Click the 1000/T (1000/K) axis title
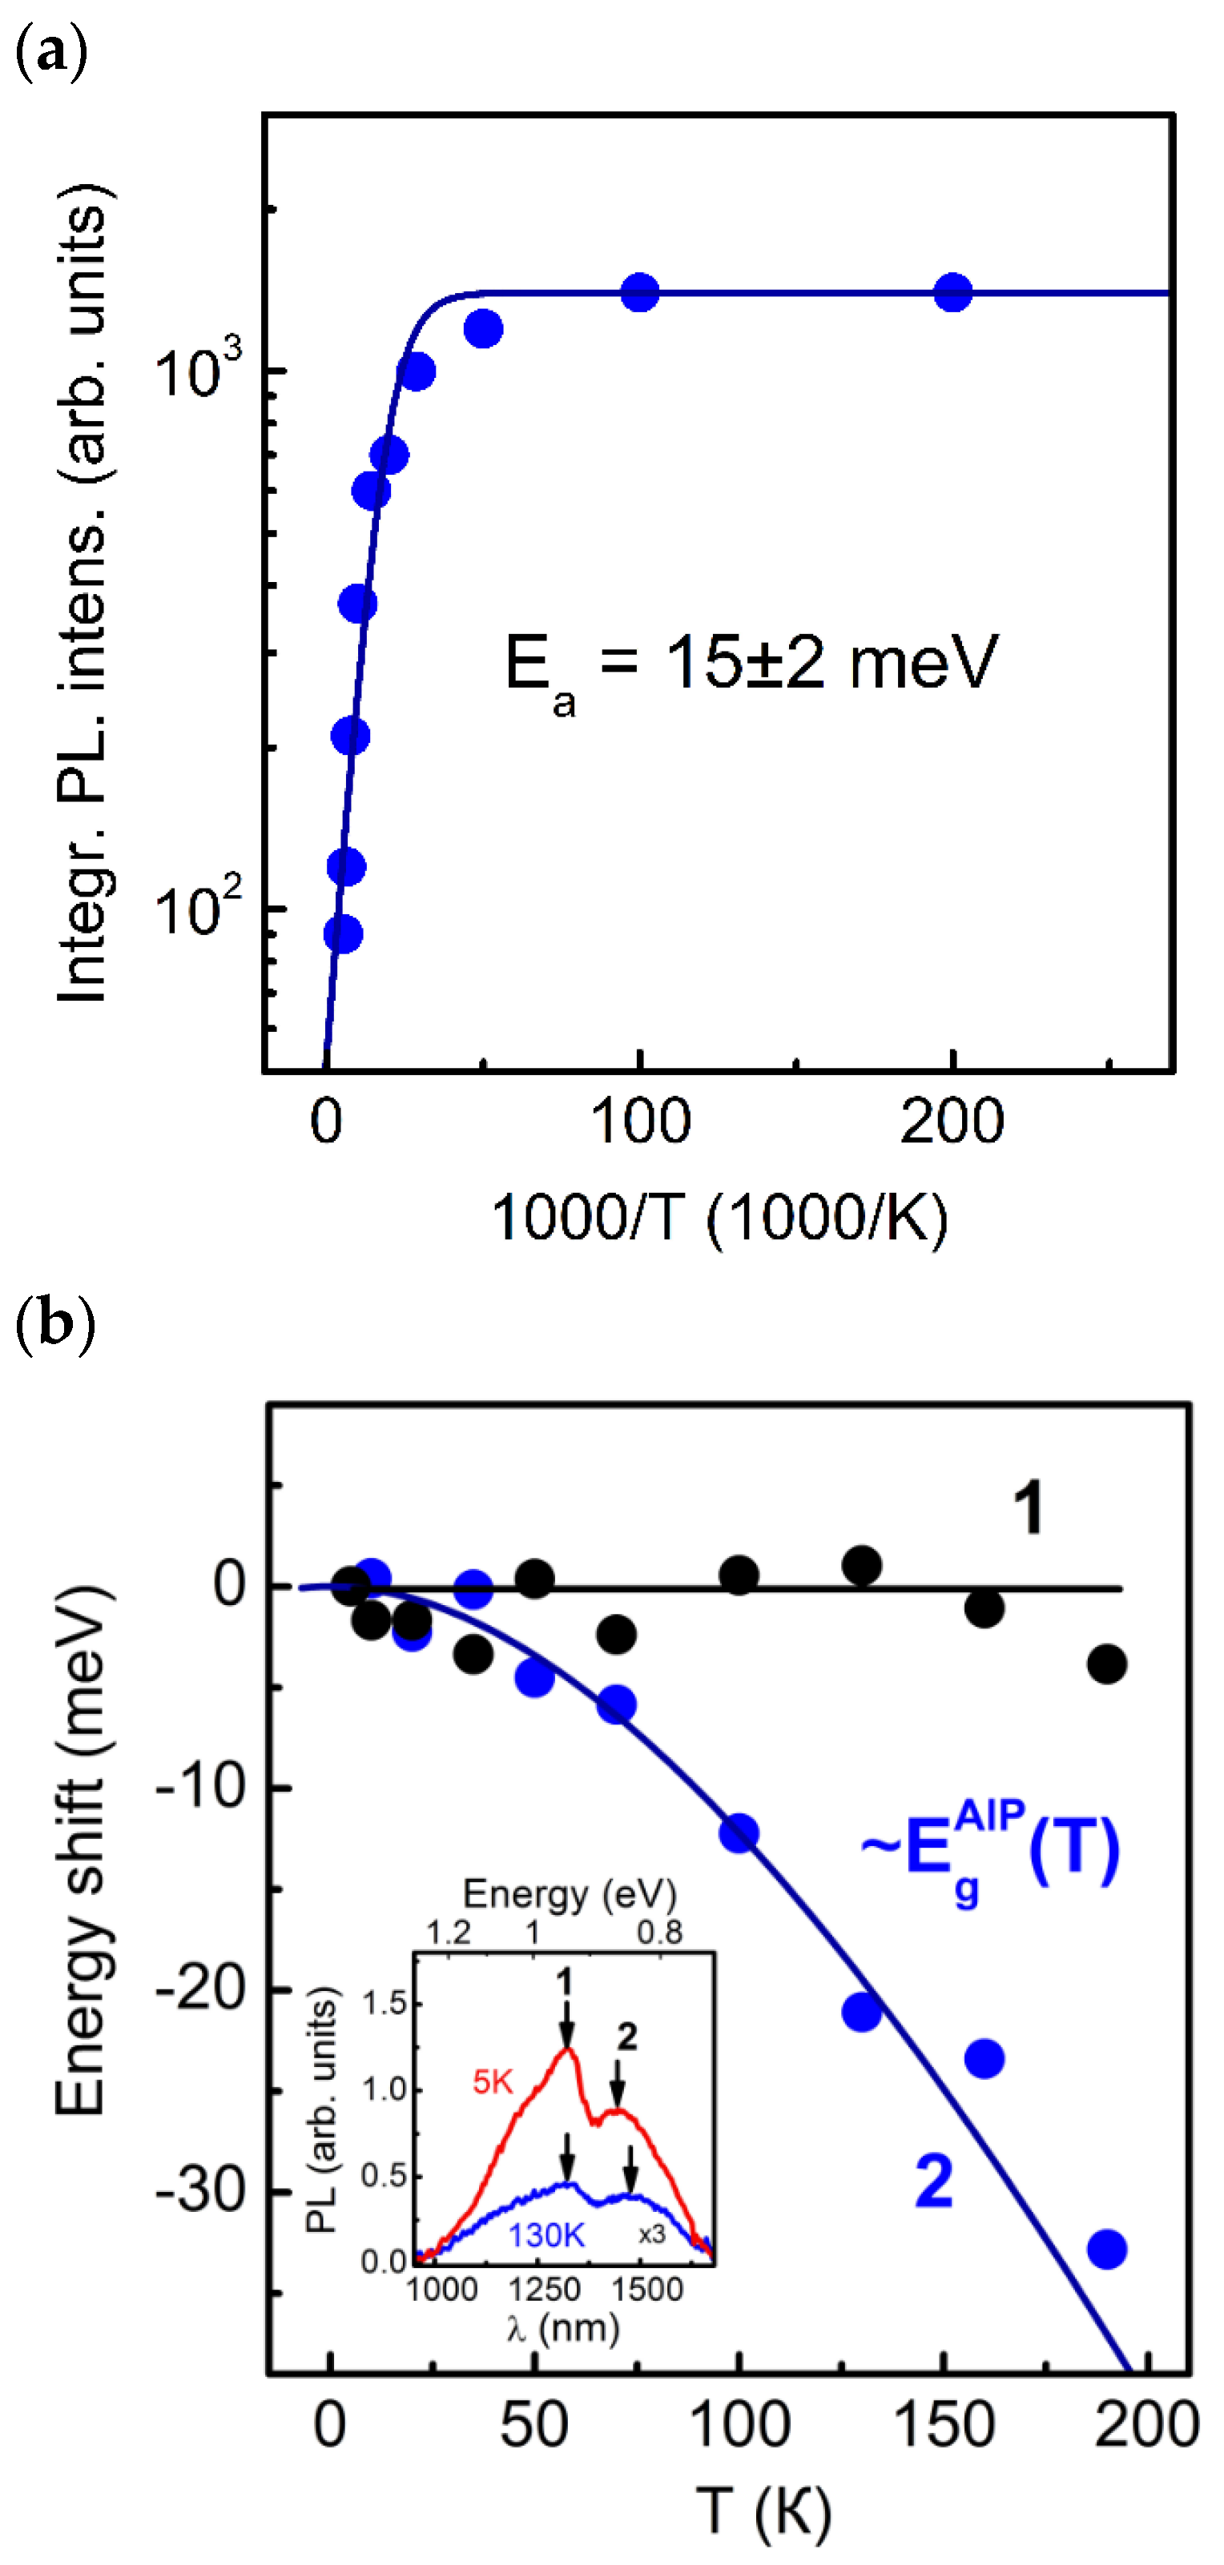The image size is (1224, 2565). click(719, 1217)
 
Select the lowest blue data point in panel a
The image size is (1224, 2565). click(343, 934)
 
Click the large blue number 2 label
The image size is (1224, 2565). click(933, 2182)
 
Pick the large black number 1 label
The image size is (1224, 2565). click(1028, 1508)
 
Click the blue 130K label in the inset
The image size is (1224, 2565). click(546, 2235)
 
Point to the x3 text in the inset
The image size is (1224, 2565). click(651, 2234)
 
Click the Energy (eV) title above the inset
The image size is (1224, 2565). click(569, 1894)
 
